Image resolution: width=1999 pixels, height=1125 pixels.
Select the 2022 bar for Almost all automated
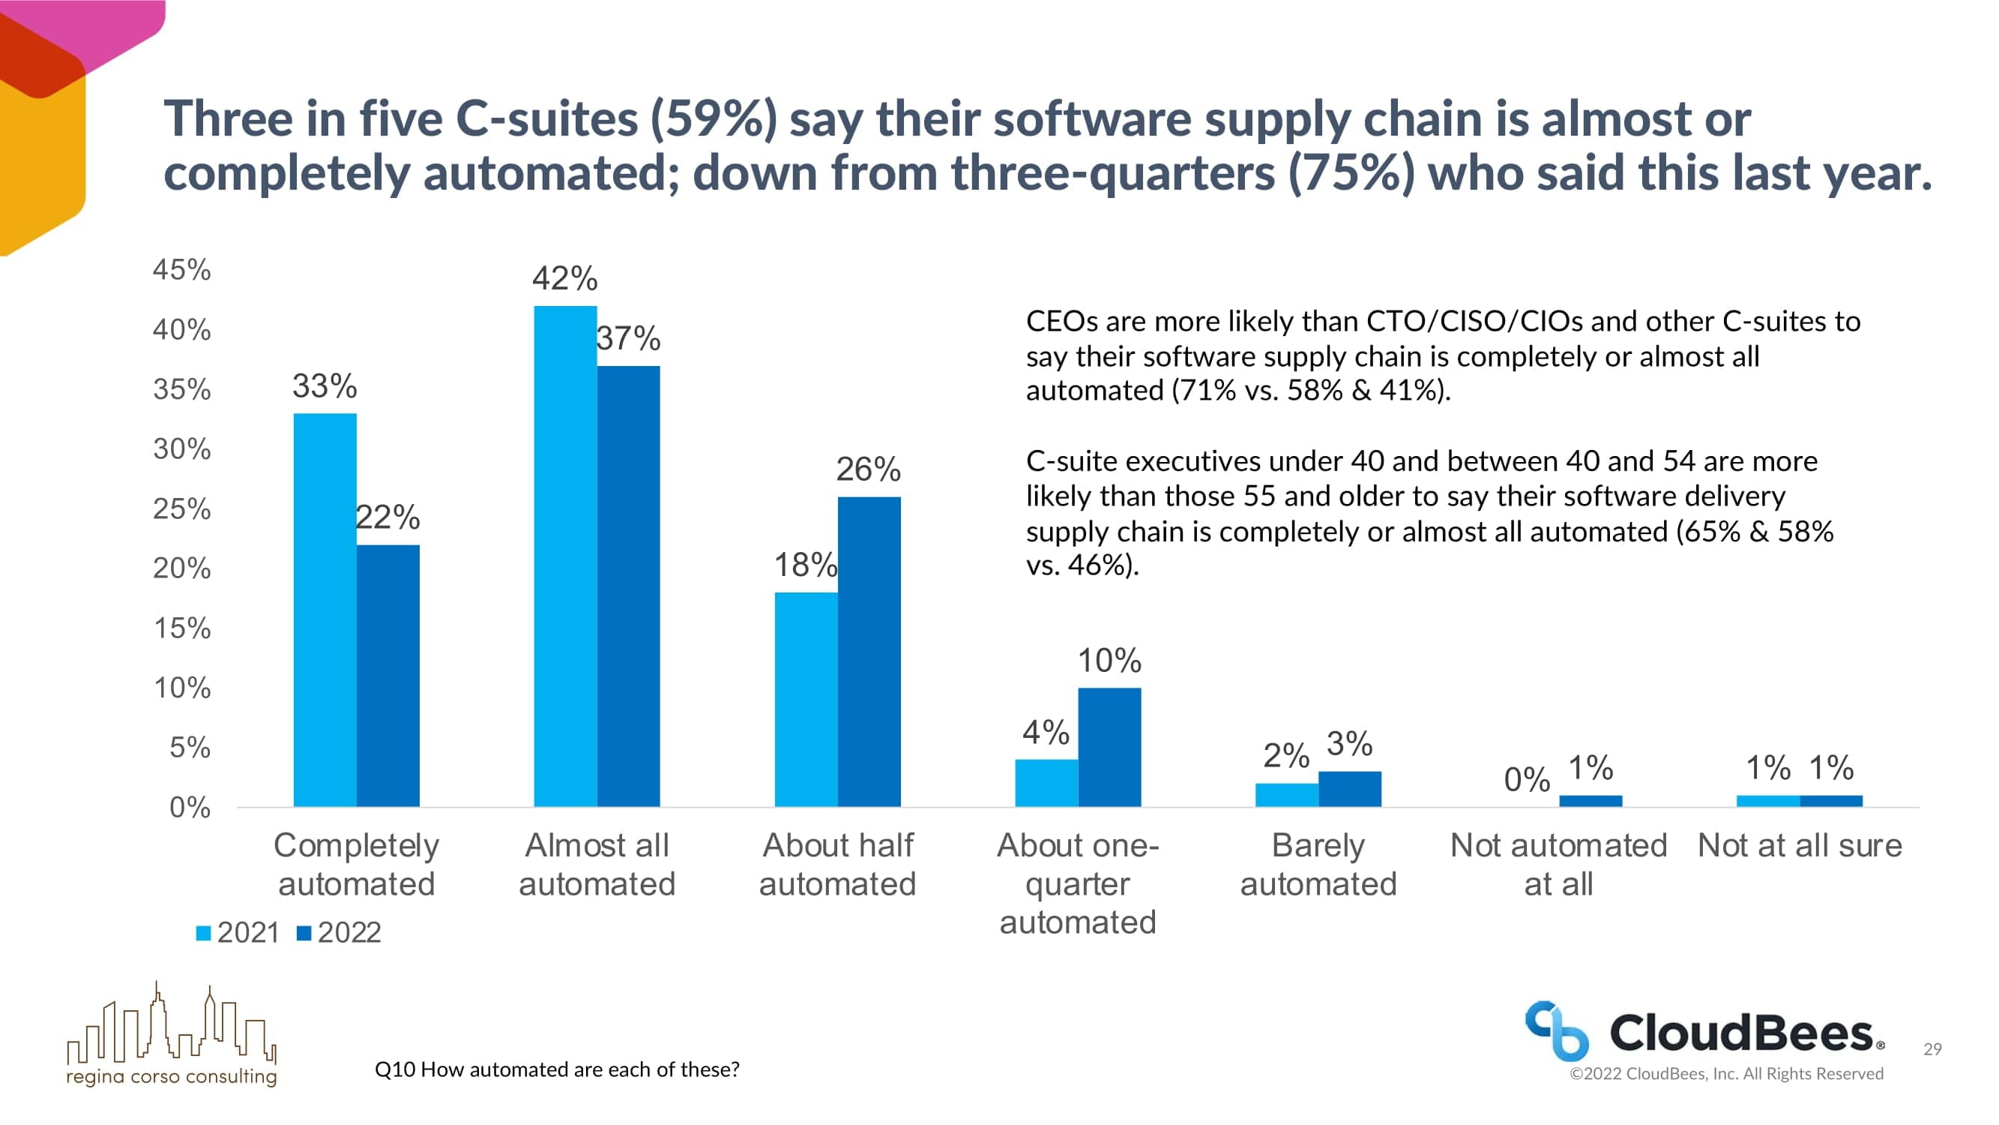628,586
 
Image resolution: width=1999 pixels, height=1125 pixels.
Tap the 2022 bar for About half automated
869,652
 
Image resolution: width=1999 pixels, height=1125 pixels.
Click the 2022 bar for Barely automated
1349,789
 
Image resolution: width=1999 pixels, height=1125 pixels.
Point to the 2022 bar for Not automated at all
1590,800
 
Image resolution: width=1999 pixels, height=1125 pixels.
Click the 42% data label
564,278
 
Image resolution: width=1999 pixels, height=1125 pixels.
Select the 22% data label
388,517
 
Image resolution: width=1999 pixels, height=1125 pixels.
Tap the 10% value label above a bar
1109,661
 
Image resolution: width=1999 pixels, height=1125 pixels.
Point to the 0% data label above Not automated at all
1526,779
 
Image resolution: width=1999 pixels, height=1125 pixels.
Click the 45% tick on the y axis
181,269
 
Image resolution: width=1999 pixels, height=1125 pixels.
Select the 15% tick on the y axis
181,628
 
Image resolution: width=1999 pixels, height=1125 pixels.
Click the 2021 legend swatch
203,933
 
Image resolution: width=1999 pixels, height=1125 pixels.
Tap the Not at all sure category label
1800,845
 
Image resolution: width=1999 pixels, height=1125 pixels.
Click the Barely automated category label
1318,864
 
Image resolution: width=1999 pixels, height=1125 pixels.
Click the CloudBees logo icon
1556,1031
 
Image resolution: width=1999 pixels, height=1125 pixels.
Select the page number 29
1932,1049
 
